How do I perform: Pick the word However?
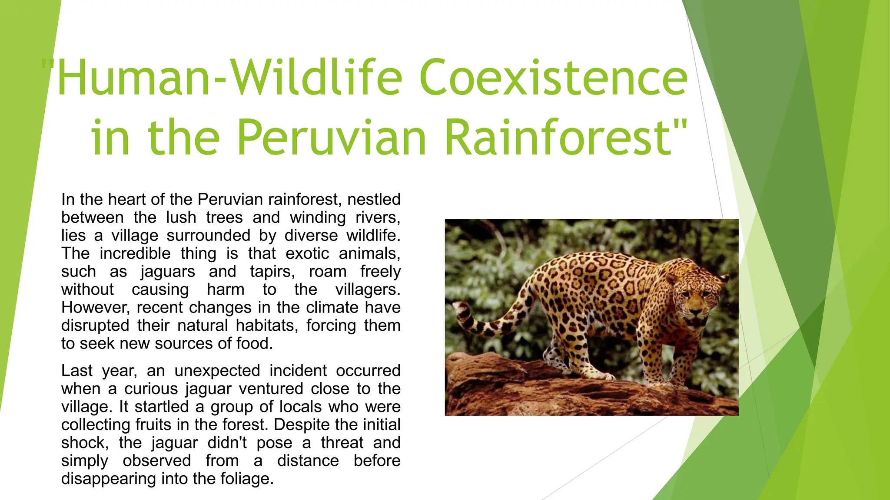pyautogui.click(x=95, y=308)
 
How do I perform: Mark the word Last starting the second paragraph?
pyautogui.click(x=76, y=371)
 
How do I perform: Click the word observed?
pyautogui.click(x=156, y=461)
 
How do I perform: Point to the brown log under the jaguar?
pyautogui.click(x=521, y=386)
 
